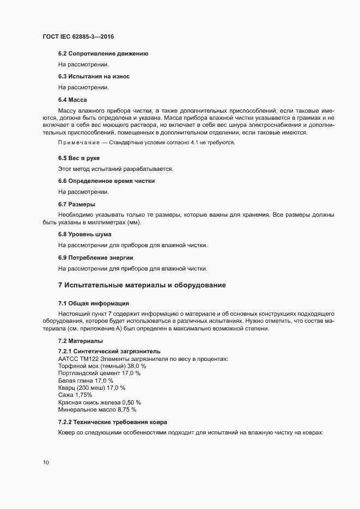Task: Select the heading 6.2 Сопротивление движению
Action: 102,54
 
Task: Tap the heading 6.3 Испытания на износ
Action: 93,76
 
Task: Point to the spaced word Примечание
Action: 79,142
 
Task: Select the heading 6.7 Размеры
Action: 76,204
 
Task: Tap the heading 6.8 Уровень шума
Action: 84,234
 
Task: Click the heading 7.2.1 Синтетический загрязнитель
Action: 109,351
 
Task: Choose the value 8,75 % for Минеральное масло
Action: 126,409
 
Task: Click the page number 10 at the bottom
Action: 46,463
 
